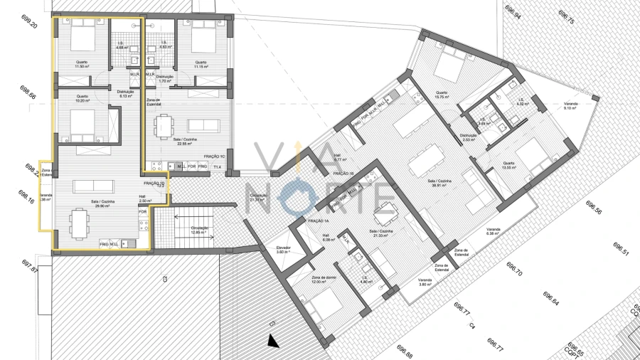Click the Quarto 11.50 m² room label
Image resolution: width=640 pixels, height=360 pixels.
(x=82, y=64)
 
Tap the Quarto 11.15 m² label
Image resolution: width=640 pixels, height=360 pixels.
(x=200, y=64)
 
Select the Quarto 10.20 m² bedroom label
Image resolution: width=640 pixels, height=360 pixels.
(x=82, y=98)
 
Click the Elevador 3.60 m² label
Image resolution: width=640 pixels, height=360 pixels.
(x=284, y=250)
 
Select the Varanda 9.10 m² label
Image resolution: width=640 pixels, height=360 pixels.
(x=571, y=106)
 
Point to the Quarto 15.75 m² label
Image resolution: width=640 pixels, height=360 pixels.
(x=442, y=95)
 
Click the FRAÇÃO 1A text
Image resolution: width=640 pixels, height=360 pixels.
(x=317, y=221)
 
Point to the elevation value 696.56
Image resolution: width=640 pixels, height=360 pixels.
(x=594, y=207)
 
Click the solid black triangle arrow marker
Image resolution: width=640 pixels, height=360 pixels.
(x=272, y=342)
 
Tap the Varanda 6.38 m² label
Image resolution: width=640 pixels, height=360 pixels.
(x=493, y=231)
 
